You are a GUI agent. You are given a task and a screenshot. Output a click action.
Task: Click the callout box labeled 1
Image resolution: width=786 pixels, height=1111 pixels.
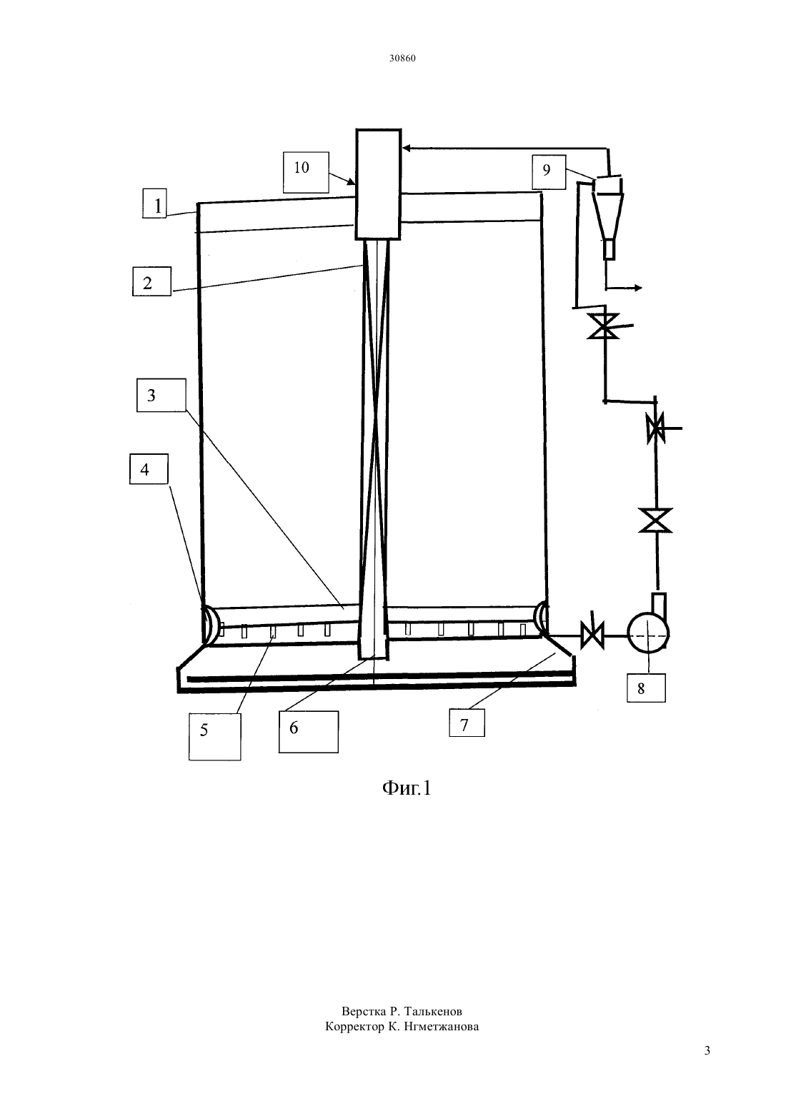click(154, 203)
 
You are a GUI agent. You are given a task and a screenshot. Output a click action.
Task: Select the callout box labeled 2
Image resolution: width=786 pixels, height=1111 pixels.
click(151, 281)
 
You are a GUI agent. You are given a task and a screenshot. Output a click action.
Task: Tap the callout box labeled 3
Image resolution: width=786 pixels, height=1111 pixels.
click(161, 395)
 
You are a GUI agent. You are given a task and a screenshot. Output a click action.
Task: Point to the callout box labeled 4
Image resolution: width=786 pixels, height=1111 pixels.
click(149, 468)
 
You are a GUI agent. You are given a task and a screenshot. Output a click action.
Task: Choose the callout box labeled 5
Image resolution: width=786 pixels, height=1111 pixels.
click(214, 737)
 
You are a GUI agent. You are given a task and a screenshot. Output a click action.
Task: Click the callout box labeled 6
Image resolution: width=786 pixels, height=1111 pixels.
click(308, 732)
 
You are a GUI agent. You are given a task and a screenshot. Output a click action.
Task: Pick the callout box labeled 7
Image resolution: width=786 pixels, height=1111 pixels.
click(467, 723)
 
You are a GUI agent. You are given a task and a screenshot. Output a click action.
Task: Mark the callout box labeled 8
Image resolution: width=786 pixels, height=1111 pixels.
click(645, 688)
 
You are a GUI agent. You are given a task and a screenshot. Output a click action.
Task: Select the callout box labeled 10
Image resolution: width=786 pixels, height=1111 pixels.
click(306, 172)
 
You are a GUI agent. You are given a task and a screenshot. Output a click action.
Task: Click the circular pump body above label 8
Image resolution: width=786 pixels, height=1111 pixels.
click(648, 633)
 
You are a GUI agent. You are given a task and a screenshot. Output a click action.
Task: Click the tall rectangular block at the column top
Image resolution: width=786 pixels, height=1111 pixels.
click(377, 184)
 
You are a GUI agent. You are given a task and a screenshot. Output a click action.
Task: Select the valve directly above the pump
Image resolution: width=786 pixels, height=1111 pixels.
click(655, 520)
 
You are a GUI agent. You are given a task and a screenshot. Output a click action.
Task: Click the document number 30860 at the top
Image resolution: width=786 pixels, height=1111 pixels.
click(402, 58)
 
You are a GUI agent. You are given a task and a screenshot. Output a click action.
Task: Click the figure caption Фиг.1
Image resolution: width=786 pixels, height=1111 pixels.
click(407, 788)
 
